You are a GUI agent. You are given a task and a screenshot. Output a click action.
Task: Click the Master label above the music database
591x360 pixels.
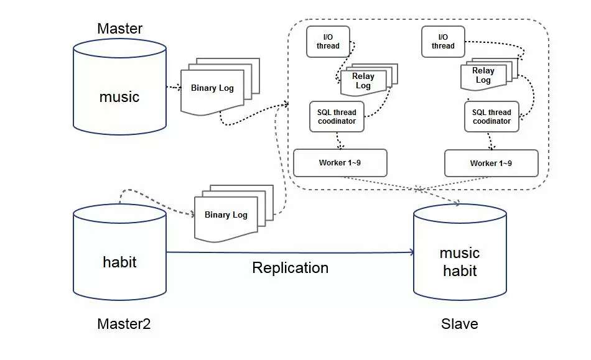coord(119,29)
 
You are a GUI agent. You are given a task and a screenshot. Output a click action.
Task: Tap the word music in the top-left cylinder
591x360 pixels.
coord(119,97)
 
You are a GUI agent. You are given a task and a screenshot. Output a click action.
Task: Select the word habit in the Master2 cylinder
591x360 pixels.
coord(119,262)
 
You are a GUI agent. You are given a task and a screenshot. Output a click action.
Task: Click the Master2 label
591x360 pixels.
coord(124,324)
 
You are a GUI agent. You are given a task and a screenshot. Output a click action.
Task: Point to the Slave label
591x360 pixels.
coord(459,324)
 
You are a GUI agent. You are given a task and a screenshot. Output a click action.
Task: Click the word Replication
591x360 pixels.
coord(290,268)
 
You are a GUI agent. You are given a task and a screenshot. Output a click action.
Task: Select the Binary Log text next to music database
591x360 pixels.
coord(212,88)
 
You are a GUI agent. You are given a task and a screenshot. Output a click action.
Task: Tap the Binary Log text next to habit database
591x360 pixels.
coord(226,215)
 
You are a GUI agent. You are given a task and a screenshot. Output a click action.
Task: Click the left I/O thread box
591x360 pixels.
coord(328,42)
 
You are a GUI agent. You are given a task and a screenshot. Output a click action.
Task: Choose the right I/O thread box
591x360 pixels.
coord(443,42)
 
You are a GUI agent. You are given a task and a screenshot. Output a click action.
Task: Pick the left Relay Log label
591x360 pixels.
coord(363,81)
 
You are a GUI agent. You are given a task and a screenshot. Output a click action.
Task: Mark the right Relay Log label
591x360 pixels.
coord(483,75)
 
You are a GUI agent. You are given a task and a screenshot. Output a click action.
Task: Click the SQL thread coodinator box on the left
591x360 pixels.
coord(337,117)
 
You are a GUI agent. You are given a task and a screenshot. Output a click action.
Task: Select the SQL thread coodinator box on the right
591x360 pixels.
coord(491,117)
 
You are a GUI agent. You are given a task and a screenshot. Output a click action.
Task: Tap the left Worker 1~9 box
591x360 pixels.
coord(340,163)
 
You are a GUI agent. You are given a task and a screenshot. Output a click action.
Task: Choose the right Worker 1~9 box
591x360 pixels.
coord(491,163)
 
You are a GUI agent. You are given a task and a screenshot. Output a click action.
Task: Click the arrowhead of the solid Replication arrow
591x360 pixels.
coord(411,252)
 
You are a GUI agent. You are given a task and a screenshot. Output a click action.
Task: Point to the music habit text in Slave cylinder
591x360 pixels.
coord(460,262)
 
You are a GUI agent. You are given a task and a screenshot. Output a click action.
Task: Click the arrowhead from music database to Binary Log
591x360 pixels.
coord(178,88)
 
